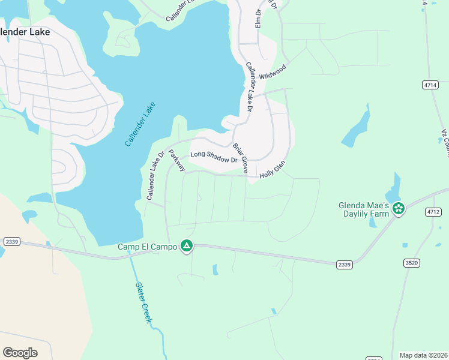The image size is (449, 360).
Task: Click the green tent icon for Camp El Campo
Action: tap(187, 245)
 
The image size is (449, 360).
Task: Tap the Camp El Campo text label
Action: tap(148, 247)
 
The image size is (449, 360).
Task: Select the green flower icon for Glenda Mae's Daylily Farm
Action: tap(399, 208)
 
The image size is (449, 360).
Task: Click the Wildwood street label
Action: tap(273, 72)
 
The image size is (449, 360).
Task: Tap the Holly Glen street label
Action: tap(272, 169)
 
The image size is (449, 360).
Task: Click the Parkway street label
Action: tap(177, 161)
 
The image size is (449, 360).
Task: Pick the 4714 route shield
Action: tap(430, 85)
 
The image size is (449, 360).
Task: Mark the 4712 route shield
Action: tap(432, 212)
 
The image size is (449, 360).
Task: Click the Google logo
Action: tap(20, 353)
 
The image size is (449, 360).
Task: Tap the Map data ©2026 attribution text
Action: tap(423, 355)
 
